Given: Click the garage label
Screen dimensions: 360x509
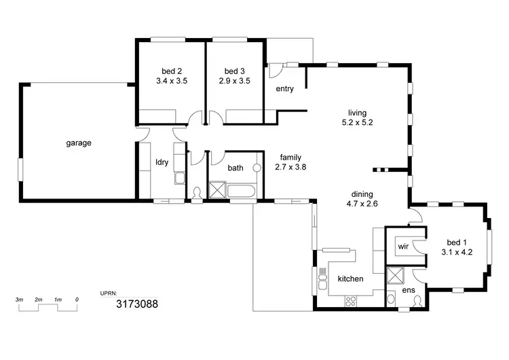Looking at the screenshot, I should (79, 143).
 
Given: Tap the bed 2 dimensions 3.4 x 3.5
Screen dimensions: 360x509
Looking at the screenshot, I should (172, 80).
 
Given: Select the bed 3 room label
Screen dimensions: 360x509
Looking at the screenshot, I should (234, 71).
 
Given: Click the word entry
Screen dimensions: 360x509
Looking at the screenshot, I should (284, 89).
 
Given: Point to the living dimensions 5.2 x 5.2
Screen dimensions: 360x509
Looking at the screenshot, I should (358, 123).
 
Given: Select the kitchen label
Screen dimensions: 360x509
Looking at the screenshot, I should (350, 279).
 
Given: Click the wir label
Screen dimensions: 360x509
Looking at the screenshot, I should (402, 246).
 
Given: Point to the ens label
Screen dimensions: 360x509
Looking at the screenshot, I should (409, 290).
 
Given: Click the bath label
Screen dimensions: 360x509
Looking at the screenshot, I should (235, 168).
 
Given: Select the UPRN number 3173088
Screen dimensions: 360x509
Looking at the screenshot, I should (138, 304).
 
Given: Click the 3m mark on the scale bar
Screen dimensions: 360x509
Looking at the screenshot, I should (20, 300).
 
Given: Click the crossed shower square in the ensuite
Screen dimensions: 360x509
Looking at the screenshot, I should (394, 276).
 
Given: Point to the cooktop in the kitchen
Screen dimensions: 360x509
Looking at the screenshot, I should (352, 300).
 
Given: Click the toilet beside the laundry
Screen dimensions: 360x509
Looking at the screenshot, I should (197, 193).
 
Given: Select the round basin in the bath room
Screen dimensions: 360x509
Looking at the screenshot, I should (257, 167).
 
